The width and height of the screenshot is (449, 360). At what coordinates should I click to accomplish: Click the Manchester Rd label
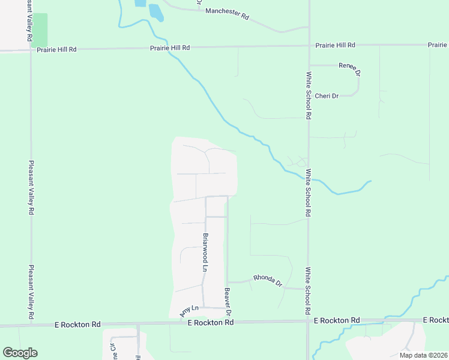point(227,14)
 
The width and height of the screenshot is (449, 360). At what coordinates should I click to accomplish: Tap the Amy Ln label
point(188,310)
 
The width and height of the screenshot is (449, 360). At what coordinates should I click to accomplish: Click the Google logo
point(20,353)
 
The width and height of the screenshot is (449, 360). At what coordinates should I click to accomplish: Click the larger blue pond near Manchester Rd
point(155,12)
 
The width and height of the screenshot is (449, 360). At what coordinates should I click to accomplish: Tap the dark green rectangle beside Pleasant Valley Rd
point(40,29)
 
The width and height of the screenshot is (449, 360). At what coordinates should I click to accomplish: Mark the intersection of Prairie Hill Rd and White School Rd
point(309,46)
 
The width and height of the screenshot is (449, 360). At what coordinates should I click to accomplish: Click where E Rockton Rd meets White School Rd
point(308,322)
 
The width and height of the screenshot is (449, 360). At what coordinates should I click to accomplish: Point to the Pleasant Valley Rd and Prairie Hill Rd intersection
point(31,49)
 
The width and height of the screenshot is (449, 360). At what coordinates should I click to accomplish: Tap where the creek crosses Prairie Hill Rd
point(170,47)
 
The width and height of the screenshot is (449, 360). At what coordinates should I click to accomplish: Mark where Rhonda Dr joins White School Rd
point(308,289)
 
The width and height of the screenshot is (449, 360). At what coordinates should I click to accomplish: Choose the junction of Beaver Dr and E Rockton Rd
point(229,322)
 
